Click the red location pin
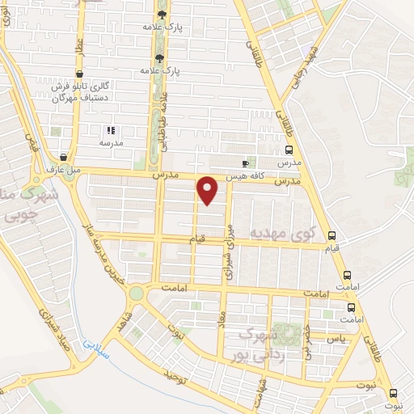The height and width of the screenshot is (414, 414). click(x=209, y=190)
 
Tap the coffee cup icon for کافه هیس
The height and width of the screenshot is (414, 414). click(x=246, y=161)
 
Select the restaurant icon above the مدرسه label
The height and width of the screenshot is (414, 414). click(x=111, y=129)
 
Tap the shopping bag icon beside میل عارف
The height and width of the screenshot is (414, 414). click(x=65, y=157)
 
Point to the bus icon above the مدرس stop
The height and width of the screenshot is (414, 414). click(x=289, y=150)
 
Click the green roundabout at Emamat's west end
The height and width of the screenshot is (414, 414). click(x=137, y=293)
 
